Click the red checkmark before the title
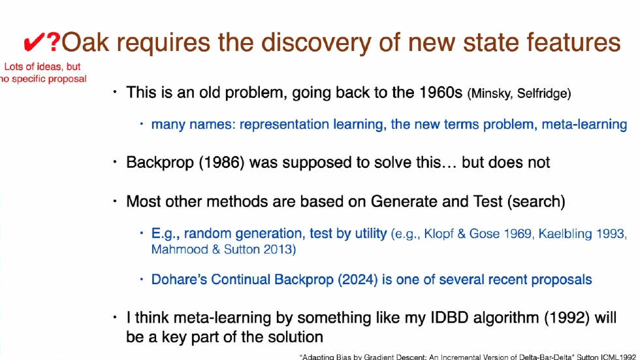tap(33, 43)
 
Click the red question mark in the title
tap(53, 43)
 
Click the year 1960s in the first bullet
tap(439, 92)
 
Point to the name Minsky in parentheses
tap(491, 93)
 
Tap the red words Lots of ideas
tap(42, 67)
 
